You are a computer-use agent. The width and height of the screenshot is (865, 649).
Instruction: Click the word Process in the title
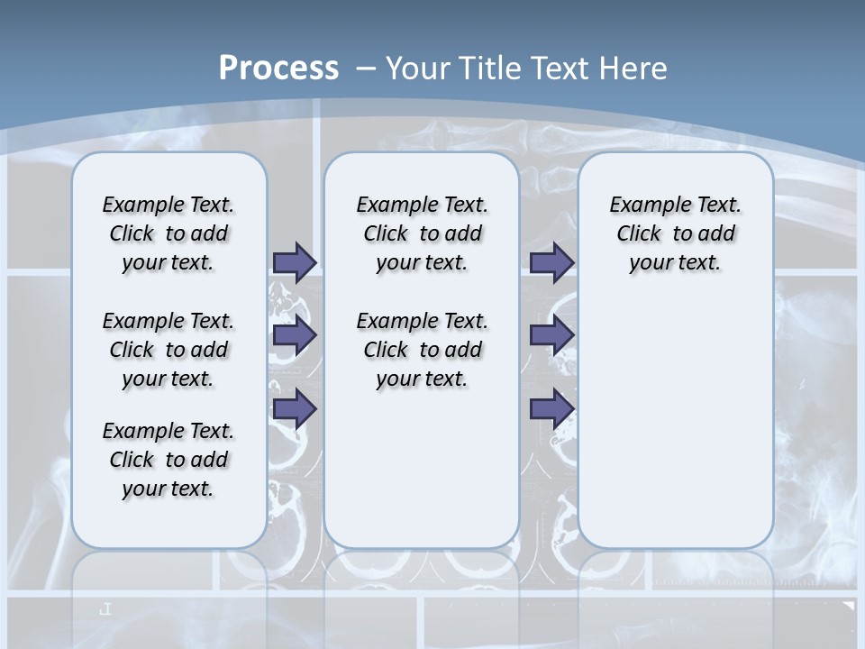coord(278,69)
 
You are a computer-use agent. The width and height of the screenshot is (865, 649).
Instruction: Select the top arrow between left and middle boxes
coord(295,262)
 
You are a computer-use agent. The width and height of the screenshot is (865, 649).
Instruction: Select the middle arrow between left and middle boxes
coord(295,335)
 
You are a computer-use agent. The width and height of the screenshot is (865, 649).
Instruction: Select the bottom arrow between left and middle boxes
coord(295,408)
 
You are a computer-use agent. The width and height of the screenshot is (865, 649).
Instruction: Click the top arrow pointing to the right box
coord(551,262)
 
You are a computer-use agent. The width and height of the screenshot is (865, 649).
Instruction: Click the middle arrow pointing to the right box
coord(551,335)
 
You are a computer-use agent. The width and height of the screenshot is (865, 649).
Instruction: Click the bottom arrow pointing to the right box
coord(551,408)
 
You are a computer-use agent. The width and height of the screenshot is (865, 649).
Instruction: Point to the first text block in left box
coord(168,233)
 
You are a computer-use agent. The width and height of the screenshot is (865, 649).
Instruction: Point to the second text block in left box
coord(168,350)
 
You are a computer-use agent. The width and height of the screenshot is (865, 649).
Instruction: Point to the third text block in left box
coord(168,460)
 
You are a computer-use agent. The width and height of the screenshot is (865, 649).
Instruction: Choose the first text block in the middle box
coord(422,233)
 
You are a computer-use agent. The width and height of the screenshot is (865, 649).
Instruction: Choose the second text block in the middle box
coord(422,350)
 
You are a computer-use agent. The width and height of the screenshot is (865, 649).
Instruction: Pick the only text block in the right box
coord(675,233)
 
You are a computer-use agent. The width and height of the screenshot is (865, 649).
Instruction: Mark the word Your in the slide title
coord(419,69)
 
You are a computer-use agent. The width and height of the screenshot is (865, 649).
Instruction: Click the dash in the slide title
coord(366,69)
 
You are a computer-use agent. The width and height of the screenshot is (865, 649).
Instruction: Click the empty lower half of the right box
coord(675,433)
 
